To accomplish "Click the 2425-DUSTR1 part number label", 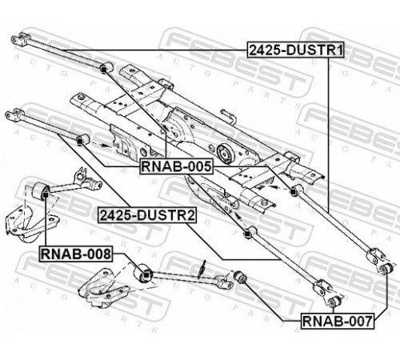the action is tap(296, 50).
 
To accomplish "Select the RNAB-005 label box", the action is tap(176, 166).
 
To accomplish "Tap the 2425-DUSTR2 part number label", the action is tap(147, 215).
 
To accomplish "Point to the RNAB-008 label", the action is tap(76, 254).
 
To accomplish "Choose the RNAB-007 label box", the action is tap(338, 321).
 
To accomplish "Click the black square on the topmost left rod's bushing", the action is tap(103, 70).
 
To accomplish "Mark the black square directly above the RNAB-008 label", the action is tap(46, 195).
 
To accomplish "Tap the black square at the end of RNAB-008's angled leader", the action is tap(146, 274).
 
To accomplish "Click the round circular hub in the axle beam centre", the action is tap(226, 154).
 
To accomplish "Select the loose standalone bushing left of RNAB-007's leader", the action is tap(240, 277).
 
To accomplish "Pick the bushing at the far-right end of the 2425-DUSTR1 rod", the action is tap(386, 268).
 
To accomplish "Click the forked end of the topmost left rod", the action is tap(20, 39).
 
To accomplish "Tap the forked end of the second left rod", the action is tap(14, 115).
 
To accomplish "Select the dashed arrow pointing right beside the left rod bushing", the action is tap(101, 145).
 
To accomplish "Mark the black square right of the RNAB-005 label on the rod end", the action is tap(294, 192).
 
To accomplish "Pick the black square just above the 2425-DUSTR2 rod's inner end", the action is tap(247, 234).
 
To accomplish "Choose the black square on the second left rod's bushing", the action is tap(79, 141).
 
